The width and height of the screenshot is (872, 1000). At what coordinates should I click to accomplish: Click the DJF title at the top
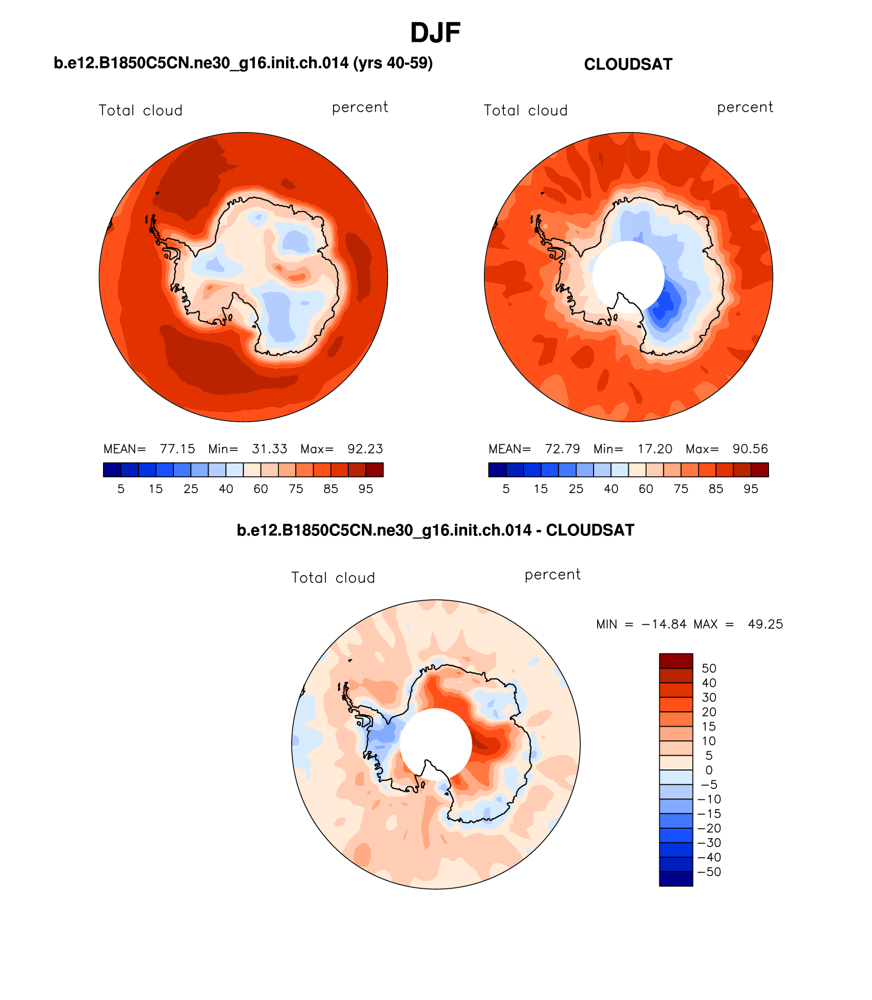point(435,33)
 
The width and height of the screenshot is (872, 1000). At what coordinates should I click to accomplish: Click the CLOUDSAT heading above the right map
point(628,65)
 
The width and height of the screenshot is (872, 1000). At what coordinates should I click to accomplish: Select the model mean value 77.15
point(177,449)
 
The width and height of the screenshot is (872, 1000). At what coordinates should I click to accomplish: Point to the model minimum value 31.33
point(269,449)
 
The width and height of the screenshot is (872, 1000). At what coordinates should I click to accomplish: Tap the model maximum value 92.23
point(365,449)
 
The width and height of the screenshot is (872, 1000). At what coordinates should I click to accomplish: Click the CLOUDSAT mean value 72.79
point(562,449)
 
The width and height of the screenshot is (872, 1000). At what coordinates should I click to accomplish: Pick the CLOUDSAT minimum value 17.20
point(655,449)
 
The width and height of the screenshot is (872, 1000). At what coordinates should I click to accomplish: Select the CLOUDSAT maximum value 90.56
point(750,449)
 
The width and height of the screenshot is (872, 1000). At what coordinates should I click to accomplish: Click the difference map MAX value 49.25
point(765,624)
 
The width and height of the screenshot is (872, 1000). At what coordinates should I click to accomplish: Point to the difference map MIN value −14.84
point(663,624)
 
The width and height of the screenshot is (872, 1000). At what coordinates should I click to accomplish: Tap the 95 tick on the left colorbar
point(366,489)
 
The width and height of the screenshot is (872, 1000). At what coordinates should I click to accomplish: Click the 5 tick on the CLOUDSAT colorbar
point(506,489)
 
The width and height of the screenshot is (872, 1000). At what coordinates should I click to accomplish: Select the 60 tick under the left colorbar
point(261,489)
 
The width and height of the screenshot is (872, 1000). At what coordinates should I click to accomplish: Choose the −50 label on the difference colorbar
point(709,871)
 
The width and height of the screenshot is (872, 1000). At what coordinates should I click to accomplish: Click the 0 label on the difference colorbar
point(709,770)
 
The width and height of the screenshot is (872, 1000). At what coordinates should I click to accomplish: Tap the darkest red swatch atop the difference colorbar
point(676,661)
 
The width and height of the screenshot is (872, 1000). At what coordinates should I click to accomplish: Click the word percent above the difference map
point(552,575)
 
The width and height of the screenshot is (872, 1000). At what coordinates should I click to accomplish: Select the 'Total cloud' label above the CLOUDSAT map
point(525,111)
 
